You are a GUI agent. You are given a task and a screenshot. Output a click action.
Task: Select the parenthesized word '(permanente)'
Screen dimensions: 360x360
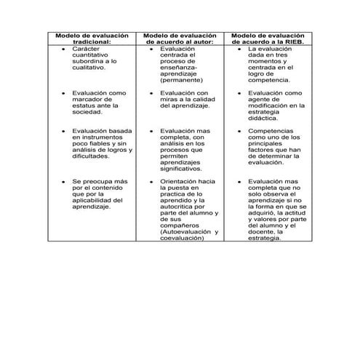tap(182, 81)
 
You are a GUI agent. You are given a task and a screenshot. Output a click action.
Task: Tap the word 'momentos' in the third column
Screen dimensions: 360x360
tap(266, 62)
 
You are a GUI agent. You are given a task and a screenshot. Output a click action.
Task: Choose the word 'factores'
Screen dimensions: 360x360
tap(262, 150)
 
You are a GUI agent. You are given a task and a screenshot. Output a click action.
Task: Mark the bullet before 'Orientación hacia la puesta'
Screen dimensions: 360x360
tap(152, 181)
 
